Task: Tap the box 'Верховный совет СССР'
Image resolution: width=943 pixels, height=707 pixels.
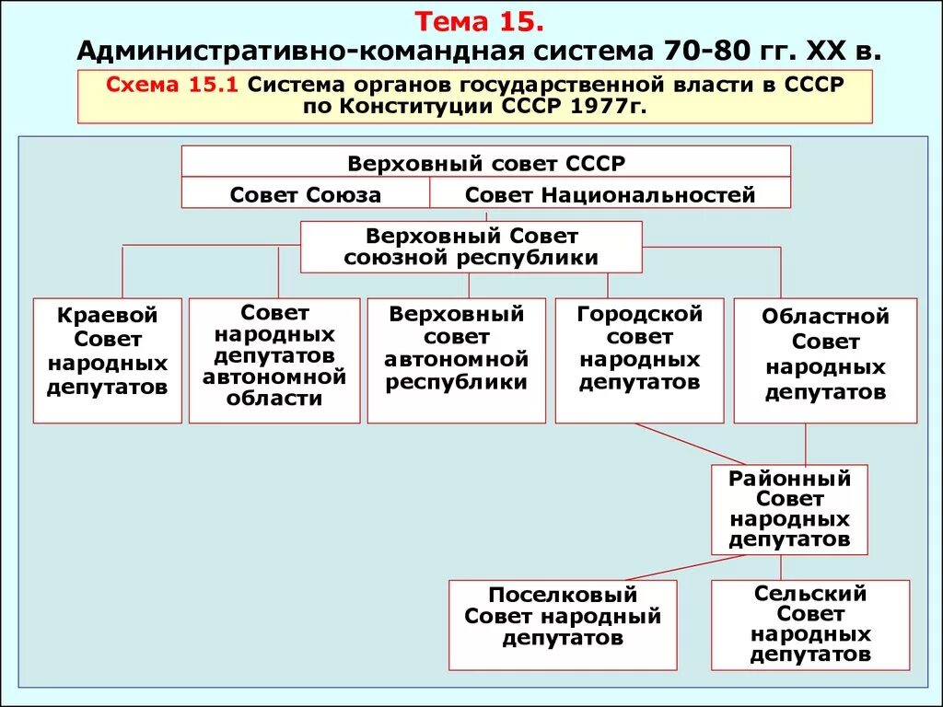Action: click(x=485, y=163)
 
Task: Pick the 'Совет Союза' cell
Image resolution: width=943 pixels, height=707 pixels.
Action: click(x=305, y=194)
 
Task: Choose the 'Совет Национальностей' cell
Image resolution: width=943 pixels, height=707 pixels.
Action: click(x=610, y=194)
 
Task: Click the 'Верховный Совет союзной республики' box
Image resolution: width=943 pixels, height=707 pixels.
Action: click(x=471, y=247)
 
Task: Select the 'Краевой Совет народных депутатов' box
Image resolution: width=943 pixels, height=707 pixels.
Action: click(x=107, y=360)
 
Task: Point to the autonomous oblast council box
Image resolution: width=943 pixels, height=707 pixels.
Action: click(x=274, y=360)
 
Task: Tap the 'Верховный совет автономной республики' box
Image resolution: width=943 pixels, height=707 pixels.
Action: click(x=456, y=360)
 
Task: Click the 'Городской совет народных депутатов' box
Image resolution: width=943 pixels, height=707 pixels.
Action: click(x=639, y=360)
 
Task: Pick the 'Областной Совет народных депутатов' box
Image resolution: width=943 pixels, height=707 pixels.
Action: click(x=825, y=360)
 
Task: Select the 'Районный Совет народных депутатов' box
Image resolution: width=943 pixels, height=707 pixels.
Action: click(x=789, y=509)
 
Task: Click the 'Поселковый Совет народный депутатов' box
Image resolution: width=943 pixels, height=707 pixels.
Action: click(x=563, y=624)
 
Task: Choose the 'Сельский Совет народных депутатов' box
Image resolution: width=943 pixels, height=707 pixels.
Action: click(x=810, y=624)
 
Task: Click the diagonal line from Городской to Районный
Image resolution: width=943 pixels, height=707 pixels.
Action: click(x=691, y=444)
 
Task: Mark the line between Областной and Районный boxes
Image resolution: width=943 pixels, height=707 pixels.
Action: click(x=806, y=444)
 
